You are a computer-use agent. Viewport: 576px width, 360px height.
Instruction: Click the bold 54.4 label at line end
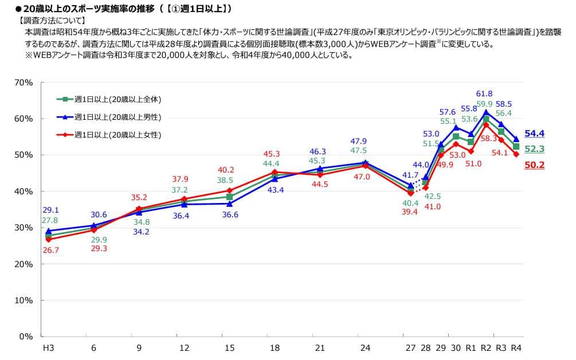pos(534,134)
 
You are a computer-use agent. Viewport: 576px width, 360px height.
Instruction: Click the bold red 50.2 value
pos(534,165)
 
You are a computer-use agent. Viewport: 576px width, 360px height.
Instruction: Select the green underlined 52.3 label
pos(534,149)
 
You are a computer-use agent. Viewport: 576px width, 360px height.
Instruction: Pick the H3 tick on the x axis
pos(48,348)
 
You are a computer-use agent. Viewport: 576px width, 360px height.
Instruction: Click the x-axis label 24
pos(365,348)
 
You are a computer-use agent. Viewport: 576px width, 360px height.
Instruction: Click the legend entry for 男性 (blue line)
pos(117,117)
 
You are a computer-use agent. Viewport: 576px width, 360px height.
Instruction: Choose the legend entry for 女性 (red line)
pos(117,135)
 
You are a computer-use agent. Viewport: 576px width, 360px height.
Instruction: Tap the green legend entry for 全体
pos(117,99)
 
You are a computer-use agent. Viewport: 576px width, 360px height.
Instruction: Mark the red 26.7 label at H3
pos(49,250)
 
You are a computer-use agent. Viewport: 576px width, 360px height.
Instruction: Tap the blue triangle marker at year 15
pos(229,204)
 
